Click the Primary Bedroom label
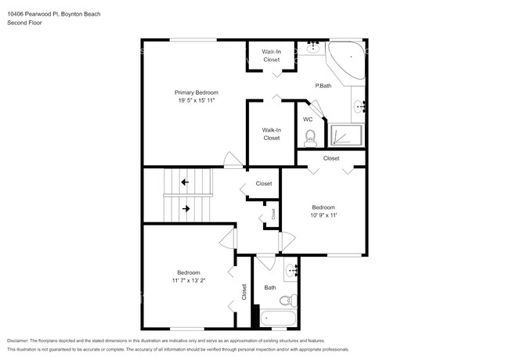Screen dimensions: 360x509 click(x=196, y=92)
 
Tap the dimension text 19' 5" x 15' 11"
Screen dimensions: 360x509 click(x=196, y=100)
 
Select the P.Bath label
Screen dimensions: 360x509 click(x=323, y=85)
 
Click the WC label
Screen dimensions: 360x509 click(x=308, y=119)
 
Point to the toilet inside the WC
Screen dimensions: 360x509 click(x=310, y=139)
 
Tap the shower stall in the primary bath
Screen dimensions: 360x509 click(x=347, y=135)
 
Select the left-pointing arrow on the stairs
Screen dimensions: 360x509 click(x=185, y=182)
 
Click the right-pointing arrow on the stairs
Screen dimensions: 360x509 click(x=186, y=209)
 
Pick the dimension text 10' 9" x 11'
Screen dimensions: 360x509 click(x=323, y=214)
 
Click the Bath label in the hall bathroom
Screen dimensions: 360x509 click(x=270, y=287)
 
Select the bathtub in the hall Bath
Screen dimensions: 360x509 click(x=277, y=319)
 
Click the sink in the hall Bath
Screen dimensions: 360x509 click(x=293, y=271)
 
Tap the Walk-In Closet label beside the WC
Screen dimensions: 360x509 click(x=271, y=134)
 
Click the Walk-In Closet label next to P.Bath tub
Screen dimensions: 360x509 click(x=271, y=55)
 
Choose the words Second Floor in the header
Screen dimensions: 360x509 click(x=25, y=23)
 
